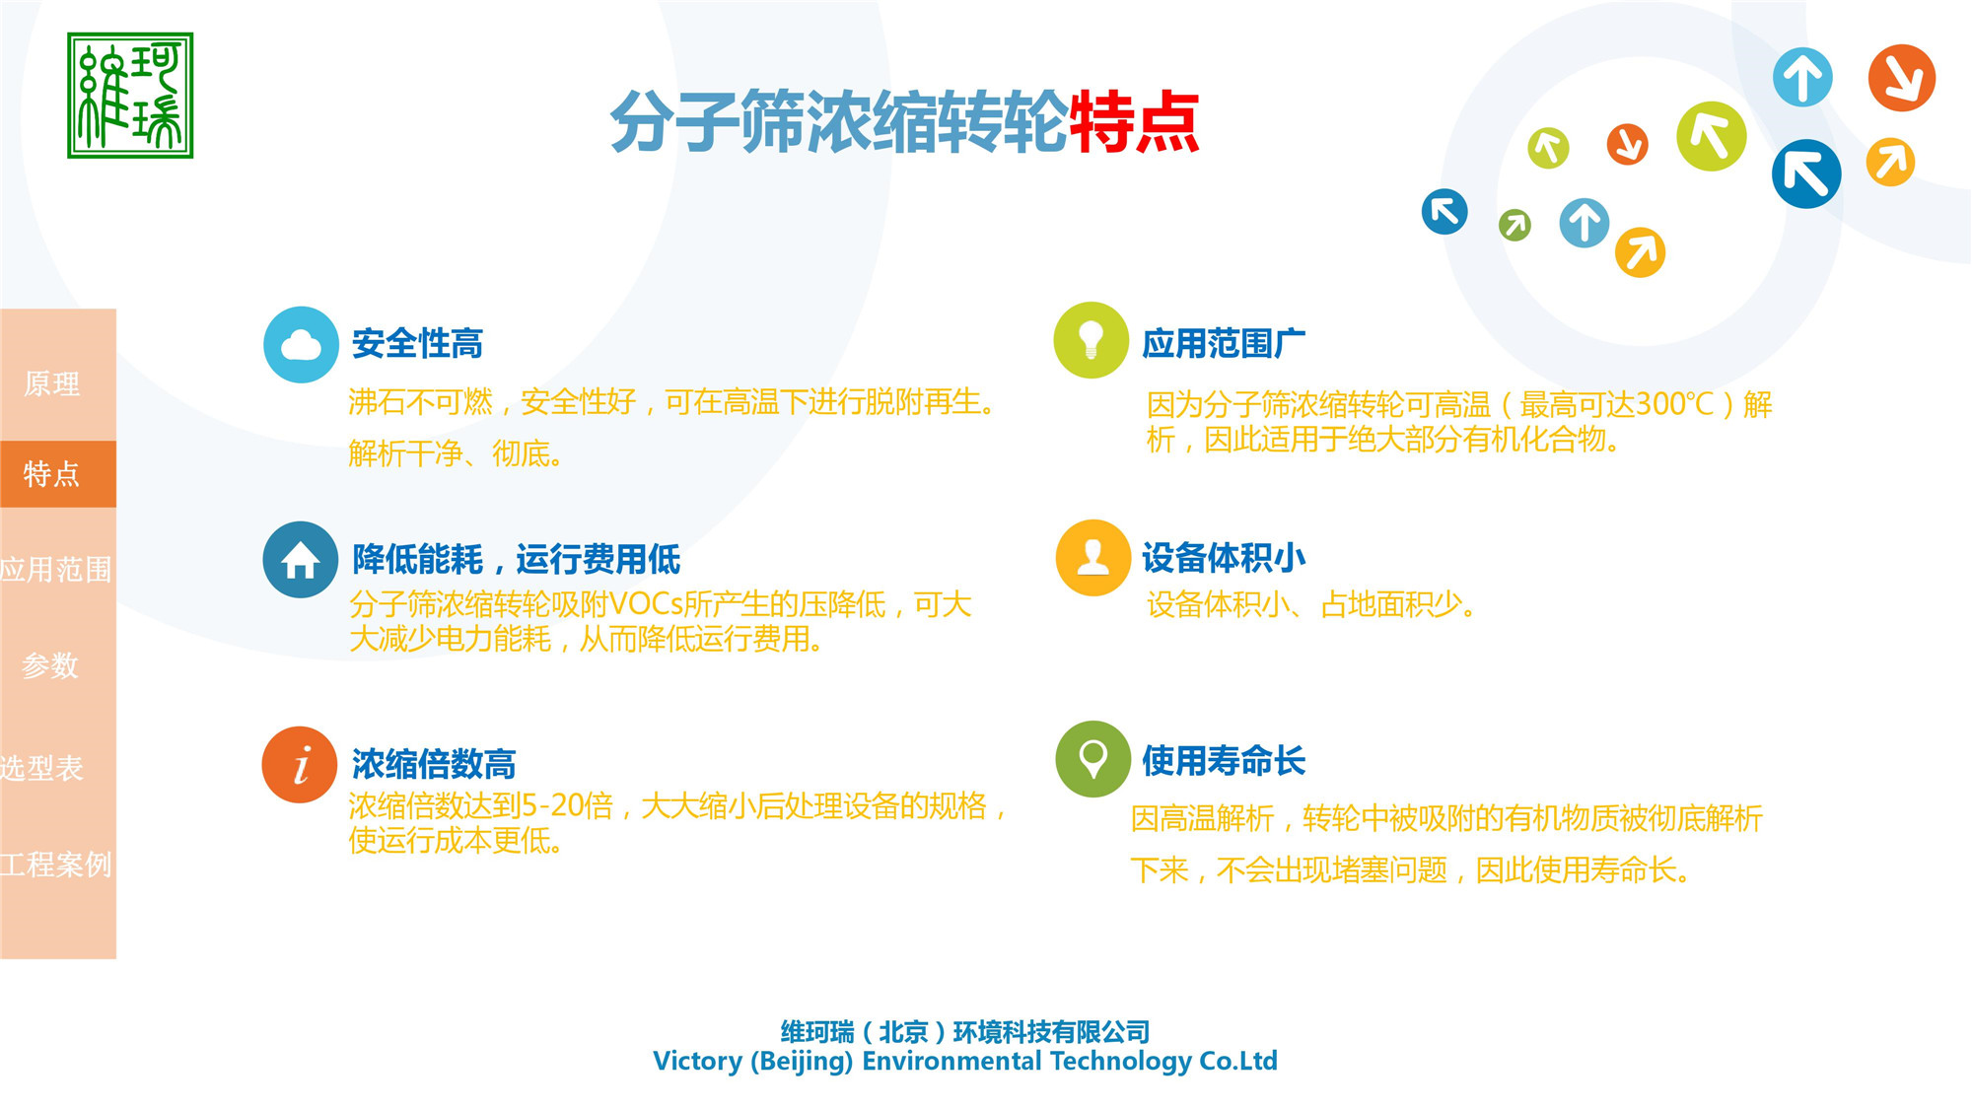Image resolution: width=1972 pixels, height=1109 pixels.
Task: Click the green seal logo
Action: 130,96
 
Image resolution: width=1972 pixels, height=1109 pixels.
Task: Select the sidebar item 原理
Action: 52,383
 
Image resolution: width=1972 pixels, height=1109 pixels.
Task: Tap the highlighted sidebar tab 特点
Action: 52,474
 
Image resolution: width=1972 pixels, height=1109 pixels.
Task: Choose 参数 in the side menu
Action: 50,665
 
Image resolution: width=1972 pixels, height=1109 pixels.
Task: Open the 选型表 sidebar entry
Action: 42,768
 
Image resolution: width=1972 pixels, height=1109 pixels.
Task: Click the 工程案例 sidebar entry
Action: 55,865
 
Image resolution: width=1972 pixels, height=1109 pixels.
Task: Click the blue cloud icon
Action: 301,345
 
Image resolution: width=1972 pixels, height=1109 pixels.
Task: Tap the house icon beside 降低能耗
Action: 301,560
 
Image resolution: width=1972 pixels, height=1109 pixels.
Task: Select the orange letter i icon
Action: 301,765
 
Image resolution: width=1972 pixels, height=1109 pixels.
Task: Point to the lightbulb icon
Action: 1091,340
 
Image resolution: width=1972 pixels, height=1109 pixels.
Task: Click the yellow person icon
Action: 1092,558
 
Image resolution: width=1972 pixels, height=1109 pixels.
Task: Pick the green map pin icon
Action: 1092,759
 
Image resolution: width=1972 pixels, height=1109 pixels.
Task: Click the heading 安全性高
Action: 417,344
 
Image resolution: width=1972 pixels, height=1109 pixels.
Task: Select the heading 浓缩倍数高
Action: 434,764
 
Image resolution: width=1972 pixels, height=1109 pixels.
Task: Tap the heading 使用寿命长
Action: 1224,761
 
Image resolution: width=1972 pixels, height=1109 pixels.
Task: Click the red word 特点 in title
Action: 1134,122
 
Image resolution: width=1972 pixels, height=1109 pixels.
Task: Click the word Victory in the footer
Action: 697,1061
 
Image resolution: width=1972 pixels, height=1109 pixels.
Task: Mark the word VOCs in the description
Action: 646,604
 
